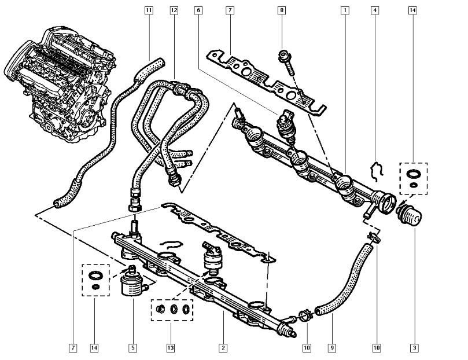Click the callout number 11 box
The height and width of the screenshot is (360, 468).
[149, 10]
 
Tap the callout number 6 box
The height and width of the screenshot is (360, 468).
[199, 10]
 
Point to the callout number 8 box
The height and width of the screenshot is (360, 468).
[282, 10]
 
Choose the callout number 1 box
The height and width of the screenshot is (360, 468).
[345, 10]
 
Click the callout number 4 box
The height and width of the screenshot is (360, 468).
[376, 10]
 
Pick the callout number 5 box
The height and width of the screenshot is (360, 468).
[132, 348]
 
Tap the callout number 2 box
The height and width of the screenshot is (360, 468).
[222, 348]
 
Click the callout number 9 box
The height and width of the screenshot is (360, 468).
[332, 348]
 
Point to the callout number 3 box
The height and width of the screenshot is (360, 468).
[414, 348]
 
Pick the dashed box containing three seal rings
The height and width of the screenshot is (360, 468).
[172, 309]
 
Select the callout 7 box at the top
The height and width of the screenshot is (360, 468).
[230, 10]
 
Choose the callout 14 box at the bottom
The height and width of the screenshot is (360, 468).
[94, 348]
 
